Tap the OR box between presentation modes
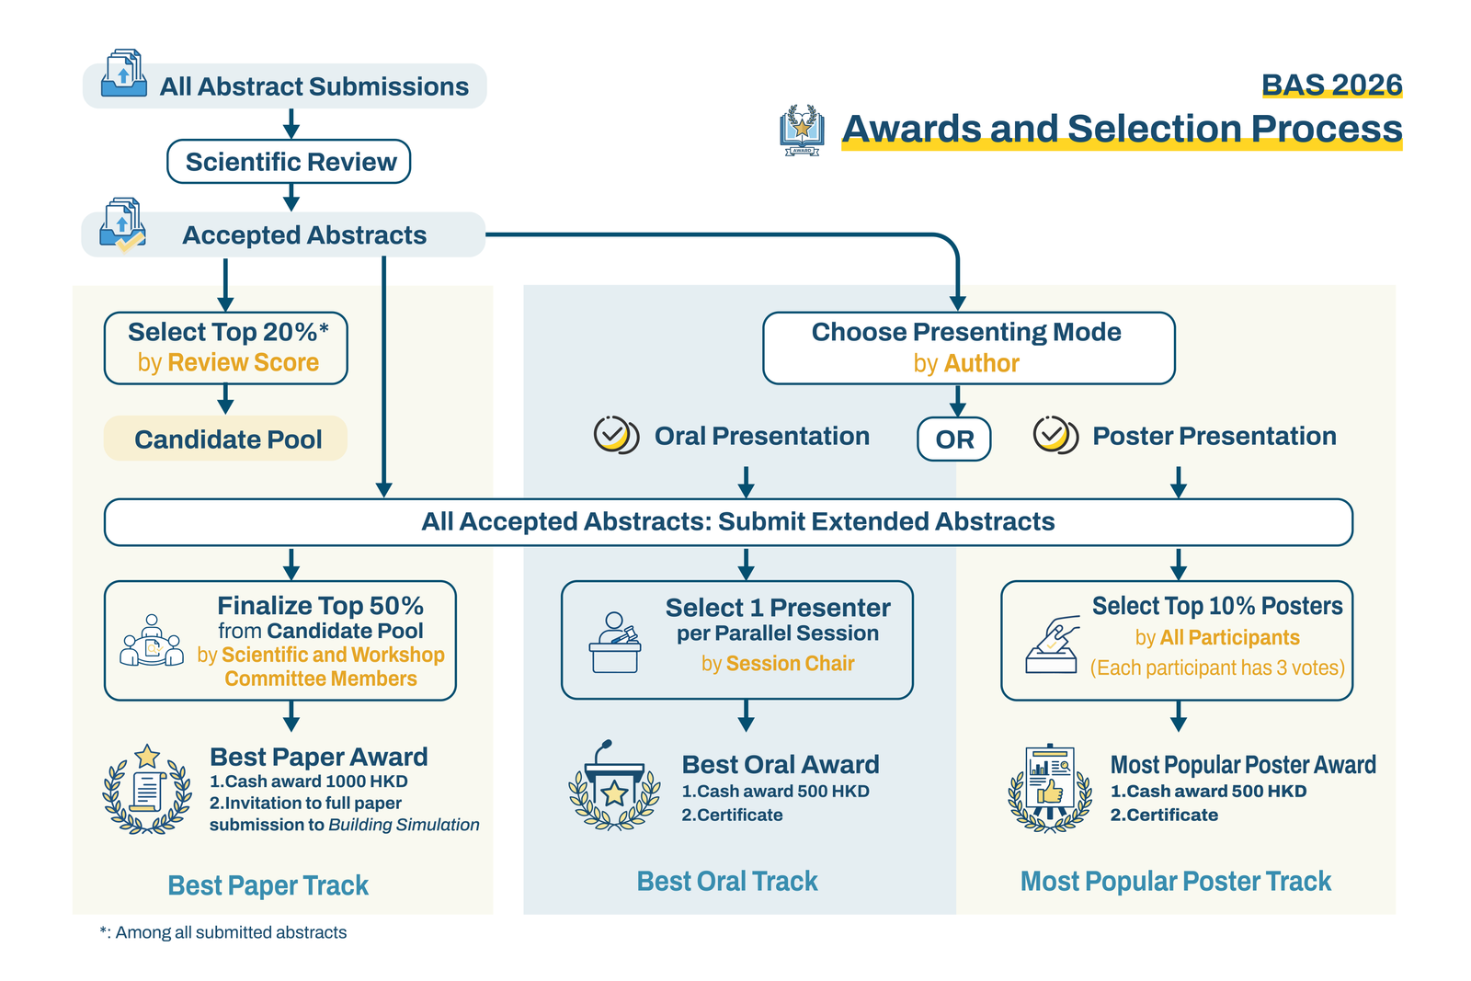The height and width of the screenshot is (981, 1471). point(953,439)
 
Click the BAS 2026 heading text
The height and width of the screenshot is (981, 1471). point(1330,86)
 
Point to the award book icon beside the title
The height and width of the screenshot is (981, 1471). point(802,130)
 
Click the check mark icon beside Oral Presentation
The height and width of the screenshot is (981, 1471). point(615,435)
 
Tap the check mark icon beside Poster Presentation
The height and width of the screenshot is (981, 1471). point(1055,435)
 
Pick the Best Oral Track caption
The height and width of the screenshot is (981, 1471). point(726,881)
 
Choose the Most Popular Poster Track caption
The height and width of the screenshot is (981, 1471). point(1175,881)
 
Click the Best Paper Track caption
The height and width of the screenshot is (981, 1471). point(268,885)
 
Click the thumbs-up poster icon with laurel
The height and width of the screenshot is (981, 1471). point(1050,788)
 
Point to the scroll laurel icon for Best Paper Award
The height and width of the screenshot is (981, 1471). point(147,790)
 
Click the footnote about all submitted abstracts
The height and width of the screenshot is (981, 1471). point(223,932)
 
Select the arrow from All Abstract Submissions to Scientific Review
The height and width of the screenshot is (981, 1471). point(291,123)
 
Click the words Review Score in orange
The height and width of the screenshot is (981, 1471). point(243,363)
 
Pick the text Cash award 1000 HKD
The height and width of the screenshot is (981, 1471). point(315,781)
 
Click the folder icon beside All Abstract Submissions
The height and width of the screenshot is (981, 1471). point(124,74)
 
